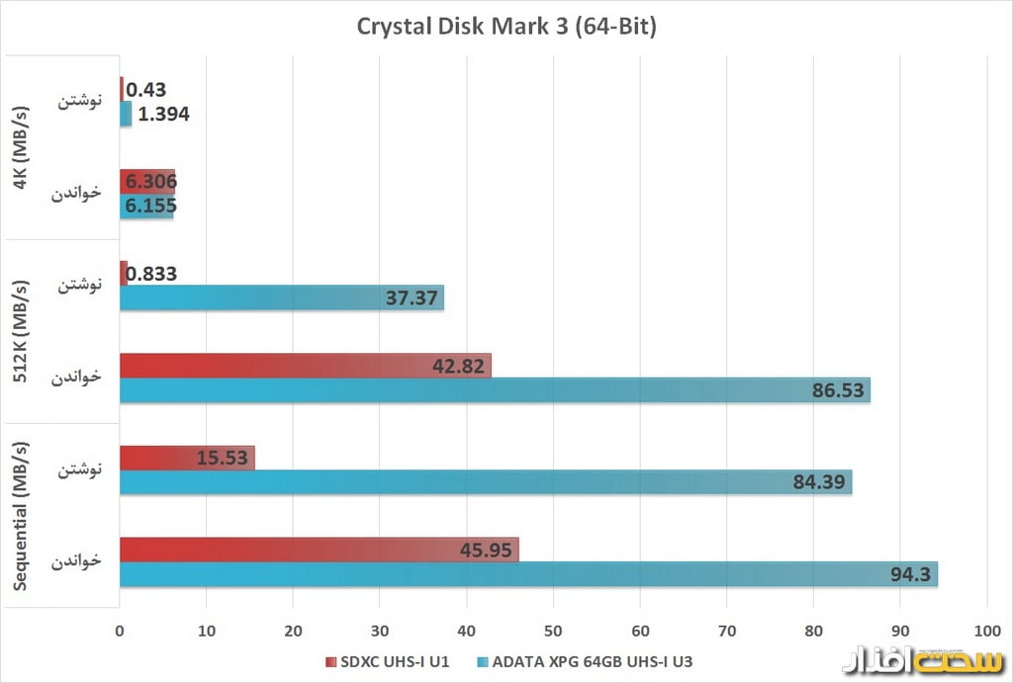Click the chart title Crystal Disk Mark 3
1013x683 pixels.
point(506,27)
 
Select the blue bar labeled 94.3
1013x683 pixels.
point(528,574)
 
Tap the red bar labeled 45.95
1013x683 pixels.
point(319,550)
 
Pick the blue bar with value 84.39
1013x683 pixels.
point(485,482)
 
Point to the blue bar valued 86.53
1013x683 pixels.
point(495,390)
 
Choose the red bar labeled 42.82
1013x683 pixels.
point(305,366)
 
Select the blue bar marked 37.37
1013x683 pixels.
point(281,298)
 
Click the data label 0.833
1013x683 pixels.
point(152,274)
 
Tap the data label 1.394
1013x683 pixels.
point(164,115)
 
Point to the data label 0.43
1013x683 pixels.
point(146,90)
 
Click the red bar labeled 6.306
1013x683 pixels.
point(146,182)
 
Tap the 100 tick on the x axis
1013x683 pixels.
point(985,630)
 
